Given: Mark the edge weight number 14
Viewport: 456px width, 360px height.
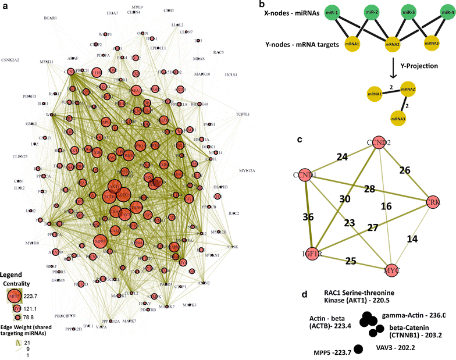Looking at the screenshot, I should pos(412,238).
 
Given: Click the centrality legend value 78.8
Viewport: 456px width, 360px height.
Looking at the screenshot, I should pos(40,318).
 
